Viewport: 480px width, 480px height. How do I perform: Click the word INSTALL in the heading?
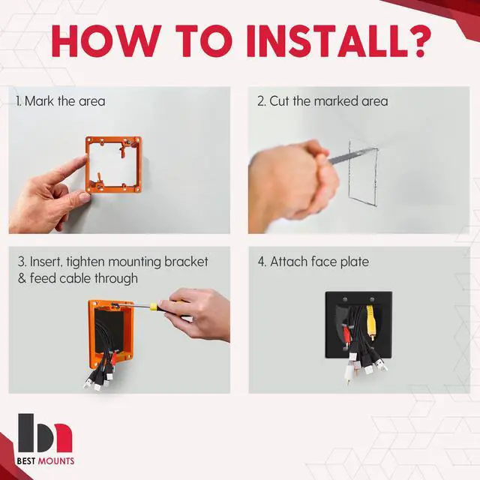(327, 41)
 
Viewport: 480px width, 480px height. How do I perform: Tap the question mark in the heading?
(420, 41)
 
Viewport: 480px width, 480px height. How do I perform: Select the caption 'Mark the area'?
(65, 101)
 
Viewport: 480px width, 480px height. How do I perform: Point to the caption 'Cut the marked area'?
(328, 101)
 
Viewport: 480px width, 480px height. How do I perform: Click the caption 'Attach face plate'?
(319, 262)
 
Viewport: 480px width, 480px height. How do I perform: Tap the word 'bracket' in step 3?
(186, 262)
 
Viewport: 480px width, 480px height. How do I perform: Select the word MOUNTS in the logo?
(55, 461)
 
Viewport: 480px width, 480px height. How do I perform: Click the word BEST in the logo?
(26, 461)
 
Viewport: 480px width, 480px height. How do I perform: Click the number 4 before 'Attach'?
(262, 262)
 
